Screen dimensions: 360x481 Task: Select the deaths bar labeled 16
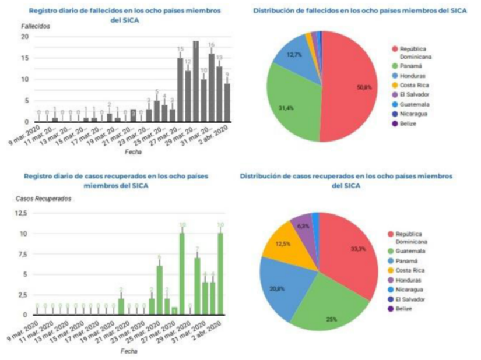(x=211, y=87)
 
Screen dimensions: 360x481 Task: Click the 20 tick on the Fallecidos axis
(x=25, y=36)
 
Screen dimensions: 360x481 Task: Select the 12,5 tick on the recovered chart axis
(x=20, y=214)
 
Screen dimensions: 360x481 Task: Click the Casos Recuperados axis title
(x=44, y=198)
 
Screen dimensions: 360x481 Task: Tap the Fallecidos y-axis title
(x=36, y=26)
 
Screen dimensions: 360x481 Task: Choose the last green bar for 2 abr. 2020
(x=220, y=274)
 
